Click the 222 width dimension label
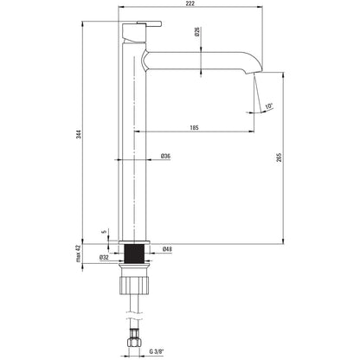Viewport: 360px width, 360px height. pos(190,3)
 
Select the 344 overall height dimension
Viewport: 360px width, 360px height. pos(79,134)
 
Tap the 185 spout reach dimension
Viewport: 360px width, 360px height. pos(195,127)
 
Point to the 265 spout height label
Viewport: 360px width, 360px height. pos(279,157)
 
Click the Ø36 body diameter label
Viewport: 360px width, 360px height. pos(165,156)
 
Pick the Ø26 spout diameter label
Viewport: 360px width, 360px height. pos(197,31)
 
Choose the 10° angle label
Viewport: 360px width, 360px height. pos(268,106)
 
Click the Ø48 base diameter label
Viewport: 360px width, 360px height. pos(167,249)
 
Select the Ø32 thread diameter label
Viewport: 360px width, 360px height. pos(104,258)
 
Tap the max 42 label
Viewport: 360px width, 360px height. pos(78,254)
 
